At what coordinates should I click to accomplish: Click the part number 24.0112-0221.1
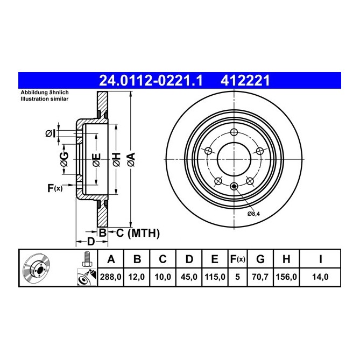point(150,81)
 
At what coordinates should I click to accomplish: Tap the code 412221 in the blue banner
point(245,81)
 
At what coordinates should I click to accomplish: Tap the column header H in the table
point(286,260)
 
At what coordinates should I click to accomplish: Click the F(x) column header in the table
point(237,260)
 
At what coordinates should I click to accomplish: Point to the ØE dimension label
point(96,160)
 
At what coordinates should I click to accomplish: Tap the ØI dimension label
point(50,133)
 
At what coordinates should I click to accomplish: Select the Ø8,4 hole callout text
point(255,214)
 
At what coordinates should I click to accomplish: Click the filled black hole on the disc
point(234,187)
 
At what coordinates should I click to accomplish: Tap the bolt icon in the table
point(84,259)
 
